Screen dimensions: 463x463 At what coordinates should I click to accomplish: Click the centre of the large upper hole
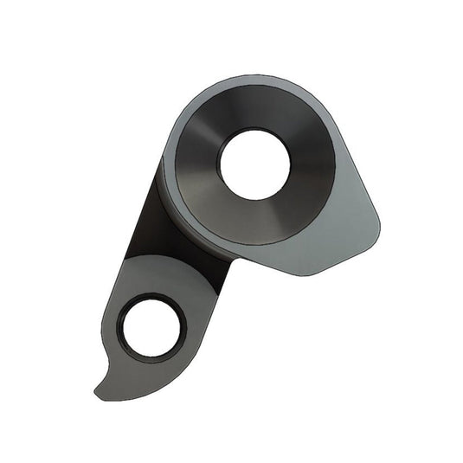[254, 164]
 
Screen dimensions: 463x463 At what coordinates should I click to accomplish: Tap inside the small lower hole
[153, 329]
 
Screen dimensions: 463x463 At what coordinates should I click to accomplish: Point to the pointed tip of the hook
[96, 395]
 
